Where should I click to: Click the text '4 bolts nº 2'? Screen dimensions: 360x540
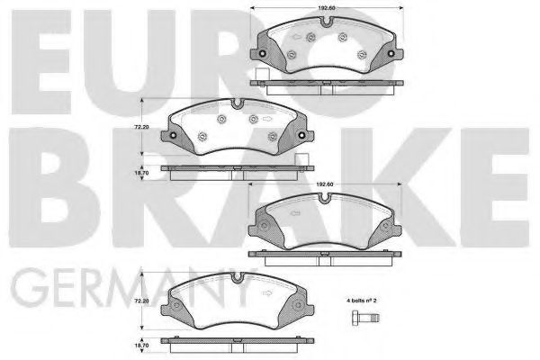pos(365,298)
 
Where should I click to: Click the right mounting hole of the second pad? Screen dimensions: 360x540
pos(298,136)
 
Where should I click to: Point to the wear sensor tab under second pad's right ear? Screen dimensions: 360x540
pos(307,162)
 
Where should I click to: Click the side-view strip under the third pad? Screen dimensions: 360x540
pos(327,252)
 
